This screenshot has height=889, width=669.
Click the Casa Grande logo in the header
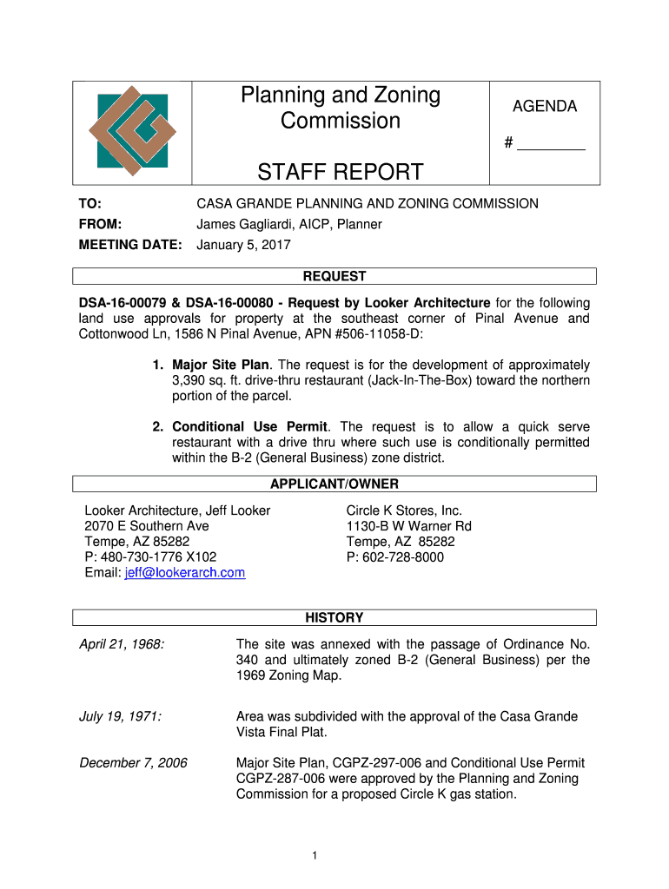132,131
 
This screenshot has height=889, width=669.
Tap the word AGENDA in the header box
544,107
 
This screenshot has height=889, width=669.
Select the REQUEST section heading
334,276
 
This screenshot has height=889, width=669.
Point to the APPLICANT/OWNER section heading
334,484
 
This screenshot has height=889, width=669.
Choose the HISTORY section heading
334,618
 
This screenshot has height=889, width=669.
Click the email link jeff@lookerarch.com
185,573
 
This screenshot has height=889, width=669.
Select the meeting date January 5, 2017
243,245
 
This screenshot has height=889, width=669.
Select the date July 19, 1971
120,716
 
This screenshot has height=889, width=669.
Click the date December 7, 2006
133,762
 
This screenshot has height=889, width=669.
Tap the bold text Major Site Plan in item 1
222,365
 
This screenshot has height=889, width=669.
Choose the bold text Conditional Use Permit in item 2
249,427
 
